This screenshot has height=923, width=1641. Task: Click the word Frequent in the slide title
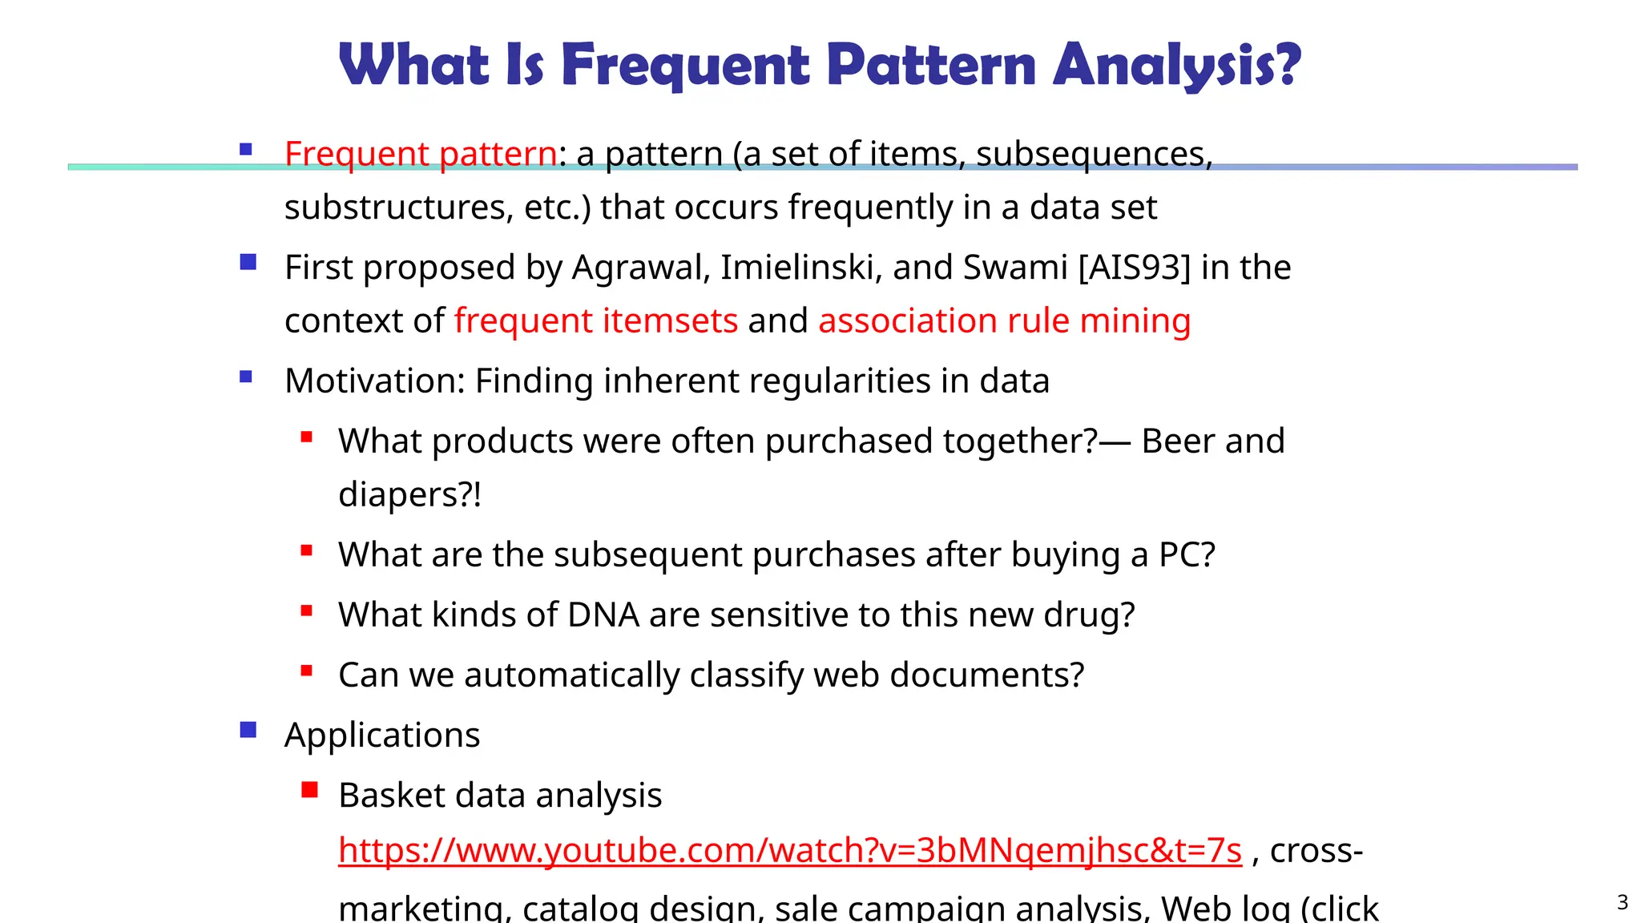pos(686,66)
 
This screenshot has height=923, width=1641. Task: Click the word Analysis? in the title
pos(1176,66)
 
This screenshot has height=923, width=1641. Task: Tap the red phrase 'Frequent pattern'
pos(421,153)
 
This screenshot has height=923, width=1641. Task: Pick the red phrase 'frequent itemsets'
pos(595,321)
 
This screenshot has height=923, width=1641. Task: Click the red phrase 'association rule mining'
pos(1004,321)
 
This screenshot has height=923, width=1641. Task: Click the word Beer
pos(1177,441)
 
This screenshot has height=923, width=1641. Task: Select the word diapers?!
pos(409,495)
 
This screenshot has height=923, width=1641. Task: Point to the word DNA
pos(603,615)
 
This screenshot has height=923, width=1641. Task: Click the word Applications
pos(382,736)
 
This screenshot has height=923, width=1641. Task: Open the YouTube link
pos(789,850)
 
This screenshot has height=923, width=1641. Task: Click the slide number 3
pos(1623,903)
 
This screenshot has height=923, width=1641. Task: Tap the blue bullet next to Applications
pos(248,730)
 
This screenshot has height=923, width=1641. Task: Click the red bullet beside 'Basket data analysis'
pos(309,791)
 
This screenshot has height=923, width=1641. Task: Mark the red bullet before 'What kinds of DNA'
pos(306,611)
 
